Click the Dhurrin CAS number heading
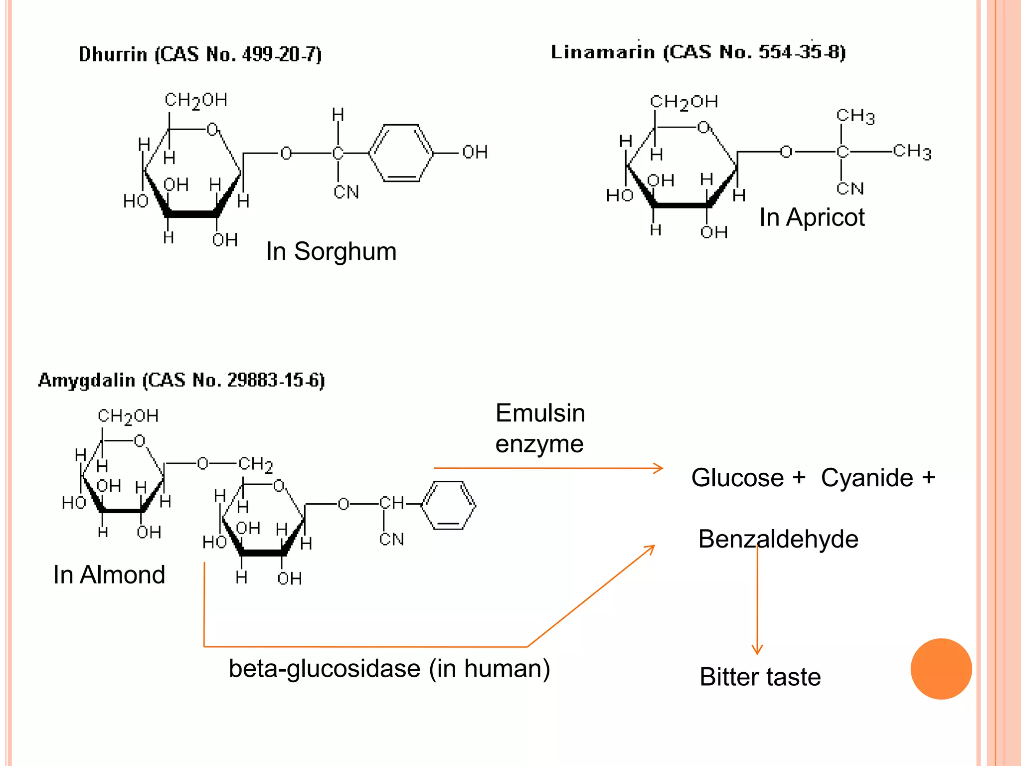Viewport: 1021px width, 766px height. pyautogui.click(x=200, y=54)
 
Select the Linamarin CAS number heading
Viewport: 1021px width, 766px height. pyautogui.click(x=698, y=52)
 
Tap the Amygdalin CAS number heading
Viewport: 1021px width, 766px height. pyautogui.click(x=181, y=380)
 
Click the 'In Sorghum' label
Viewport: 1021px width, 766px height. pyautogui.click(x=331, y=251)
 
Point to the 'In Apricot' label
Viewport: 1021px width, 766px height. pyautogui.click(x=812, y=217)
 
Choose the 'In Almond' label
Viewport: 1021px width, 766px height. pyautogui.click(x=109, y=574)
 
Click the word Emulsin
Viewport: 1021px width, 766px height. pyautogui.click(x=540, y=413)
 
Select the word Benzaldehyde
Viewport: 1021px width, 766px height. pyautogui.click(x=778, y=539)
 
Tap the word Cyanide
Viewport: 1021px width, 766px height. pyautogui.click(x=867, y=478)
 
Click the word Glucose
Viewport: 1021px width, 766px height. pyautogui.click(x=737, y=478)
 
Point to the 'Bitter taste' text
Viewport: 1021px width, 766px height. pyautogui.click(x=760, y=677)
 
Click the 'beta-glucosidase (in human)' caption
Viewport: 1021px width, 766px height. pyautogui.click(x=389, y=668)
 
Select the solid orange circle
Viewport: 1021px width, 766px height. pyautogui.click(x=941, y=669)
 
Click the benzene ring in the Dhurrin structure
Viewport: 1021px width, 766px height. pyautogui.click(x=401, y=153)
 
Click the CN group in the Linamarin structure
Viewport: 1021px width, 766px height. pyautogui.click(x=850, y=189)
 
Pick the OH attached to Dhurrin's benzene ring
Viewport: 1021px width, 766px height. pyautogui.click(x=475, y=152)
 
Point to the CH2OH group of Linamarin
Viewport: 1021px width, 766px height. pyautogui.click(x=684, y=102)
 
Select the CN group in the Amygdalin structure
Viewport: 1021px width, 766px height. pyautogui.click(x=391, y=539)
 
